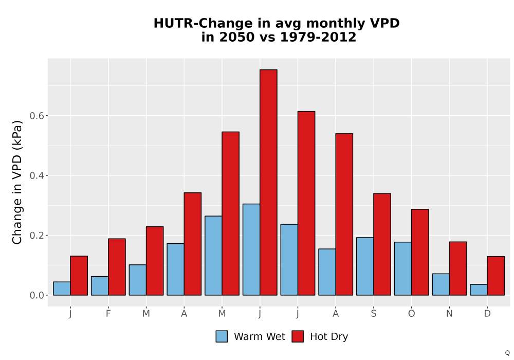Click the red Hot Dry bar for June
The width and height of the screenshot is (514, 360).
[x=268, y=182]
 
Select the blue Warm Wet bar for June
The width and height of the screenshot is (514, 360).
[x=251, y=249]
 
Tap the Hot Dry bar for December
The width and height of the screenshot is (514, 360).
[x=495, y=276]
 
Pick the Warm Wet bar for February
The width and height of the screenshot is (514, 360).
[x=100, y=286]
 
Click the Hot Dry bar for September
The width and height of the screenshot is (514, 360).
[x=382, y=244]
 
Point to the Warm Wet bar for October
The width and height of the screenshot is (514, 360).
[x=403, y=268]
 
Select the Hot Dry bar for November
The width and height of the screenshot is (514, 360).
[x=458, y=268]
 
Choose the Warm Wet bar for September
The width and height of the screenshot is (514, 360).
[x=365, y=266]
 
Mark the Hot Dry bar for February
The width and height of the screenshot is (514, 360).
[x=117, y=267]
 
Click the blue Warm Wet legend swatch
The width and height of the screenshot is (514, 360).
[x=222, y=336]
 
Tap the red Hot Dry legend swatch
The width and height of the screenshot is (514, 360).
[x=298, y=336]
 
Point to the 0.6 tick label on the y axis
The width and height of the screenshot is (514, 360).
[x=36, y=116]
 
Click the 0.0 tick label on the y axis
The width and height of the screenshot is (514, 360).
[x=36, y=295]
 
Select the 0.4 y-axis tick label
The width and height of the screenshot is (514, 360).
[x=36, y=176]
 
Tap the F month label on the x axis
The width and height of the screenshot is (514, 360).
[x=108, y=314]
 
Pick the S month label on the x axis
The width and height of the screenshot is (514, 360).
[x=373, y=314]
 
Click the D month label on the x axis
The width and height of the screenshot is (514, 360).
[x=487, y=314]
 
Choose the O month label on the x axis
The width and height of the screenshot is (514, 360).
[x=411, y=314]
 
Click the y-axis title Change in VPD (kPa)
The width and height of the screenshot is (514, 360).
[x=17, y=182]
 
